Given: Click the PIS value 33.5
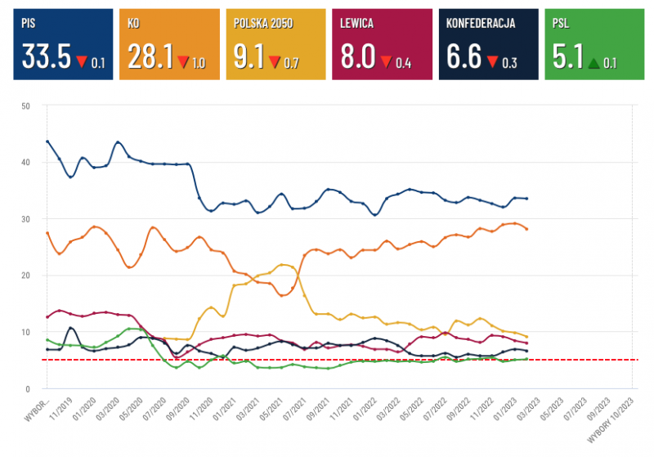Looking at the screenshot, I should (46, 57).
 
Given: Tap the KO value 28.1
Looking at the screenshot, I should (150, 57).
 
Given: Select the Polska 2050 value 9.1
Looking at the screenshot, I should (249, 57).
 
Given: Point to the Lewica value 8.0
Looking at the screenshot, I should (356, 57).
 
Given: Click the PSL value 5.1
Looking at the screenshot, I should (567, 57).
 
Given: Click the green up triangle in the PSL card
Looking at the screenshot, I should (594, 62).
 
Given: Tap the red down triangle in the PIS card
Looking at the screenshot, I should (81, 61).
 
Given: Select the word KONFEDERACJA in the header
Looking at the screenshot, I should (481, 24).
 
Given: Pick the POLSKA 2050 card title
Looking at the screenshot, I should (264, 24).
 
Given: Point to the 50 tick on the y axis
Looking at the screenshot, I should (26, 106).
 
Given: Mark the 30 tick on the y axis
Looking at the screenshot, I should (26, 219).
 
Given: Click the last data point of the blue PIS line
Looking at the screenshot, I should (527, 199).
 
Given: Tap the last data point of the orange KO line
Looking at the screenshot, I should (527, 229).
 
